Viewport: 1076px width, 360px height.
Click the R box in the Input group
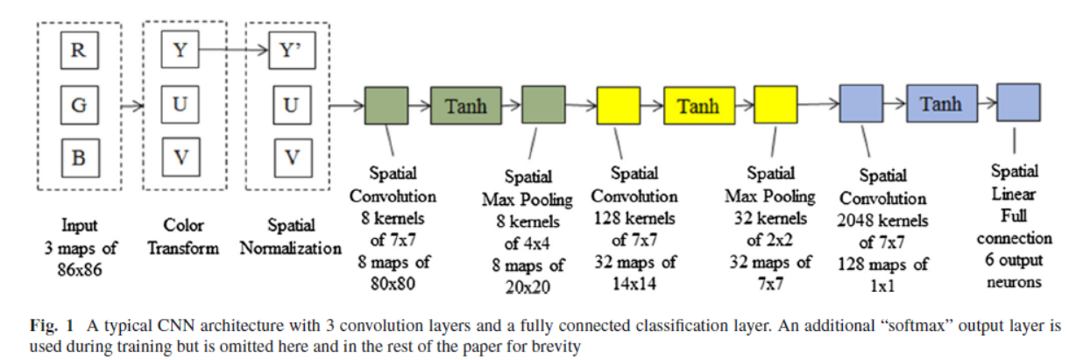pos(78,51)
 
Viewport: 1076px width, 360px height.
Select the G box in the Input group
pos(78,106)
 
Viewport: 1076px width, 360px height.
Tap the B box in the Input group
pos(78,159)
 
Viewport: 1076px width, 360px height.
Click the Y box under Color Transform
pos(180,51)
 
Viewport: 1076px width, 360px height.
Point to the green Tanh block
pos(465,106)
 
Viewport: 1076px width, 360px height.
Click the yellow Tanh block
pos(697,106)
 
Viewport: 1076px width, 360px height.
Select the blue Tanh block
pos(940,104)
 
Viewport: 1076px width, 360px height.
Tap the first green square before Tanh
pos(386,106)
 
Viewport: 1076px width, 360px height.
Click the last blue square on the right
pos(1017,104)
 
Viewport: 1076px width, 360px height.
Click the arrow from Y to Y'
pos(235,51)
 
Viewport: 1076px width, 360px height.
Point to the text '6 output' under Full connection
pos(1014,260)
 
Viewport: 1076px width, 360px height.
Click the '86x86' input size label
pos(78,269)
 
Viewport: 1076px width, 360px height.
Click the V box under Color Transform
pos(180,159)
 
